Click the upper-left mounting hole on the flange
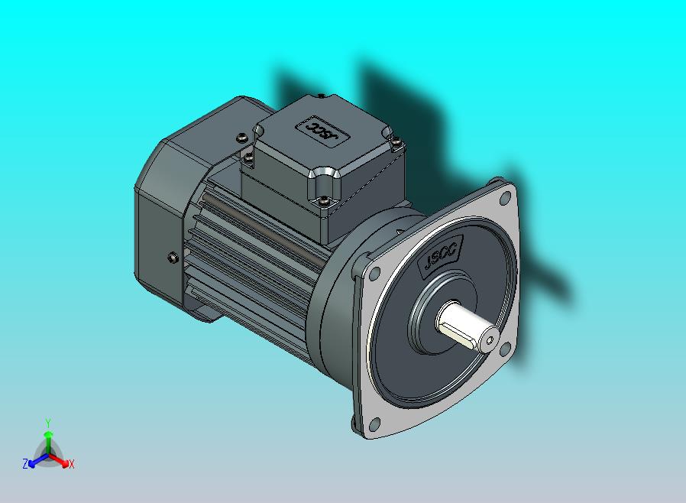(x=374, y=273)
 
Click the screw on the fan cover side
(x=171, y=258)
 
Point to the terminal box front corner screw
(x=325, y=201)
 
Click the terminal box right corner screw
(x=396, y=140)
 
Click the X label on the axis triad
(x=71, y=464)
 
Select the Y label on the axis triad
(x=48, y=423)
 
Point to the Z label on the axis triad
(x=25, y=463)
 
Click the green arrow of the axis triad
(x=48, y=437)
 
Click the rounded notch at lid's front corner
(x=321, y=180)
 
